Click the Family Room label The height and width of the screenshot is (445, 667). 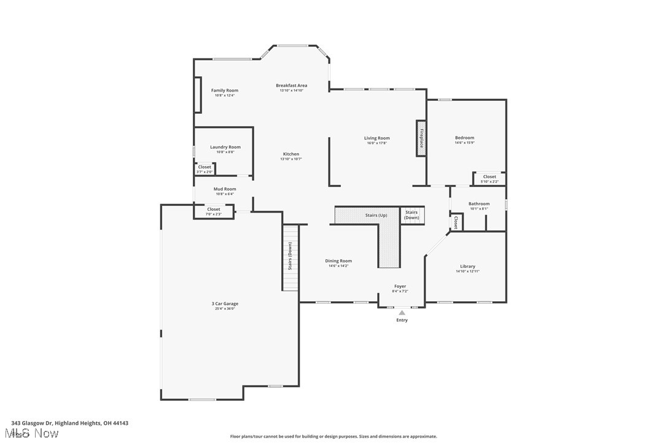(224, 90)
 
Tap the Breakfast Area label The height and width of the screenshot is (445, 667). (291, 85)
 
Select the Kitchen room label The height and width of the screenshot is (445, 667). (291, 154)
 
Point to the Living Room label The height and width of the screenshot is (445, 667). (376, 138)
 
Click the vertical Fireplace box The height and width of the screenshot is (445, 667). (421, 138)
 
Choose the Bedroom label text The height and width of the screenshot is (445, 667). (464, 138)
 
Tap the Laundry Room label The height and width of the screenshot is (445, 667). (225, 148)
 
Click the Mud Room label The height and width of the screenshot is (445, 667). (224, 189)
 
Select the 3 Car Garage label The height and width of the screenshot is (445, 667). (225, 304)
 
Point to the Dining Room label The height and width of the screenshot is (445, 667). (338, 261)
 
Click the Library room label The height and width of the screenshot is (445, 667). (467, 266)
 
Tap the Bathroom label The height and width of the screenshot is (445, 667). (479, 204)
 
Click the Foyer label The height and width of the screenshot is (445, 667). (400, 286)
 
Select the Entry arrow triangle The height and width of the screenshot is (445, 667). (402, 313)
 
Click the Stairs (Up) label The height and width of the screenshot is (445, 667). (376, 216)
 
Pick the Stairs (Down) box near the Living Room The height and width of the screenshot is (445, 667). (412, 215)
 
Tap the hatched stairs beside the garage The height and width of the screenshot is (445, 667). (290, 258)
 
